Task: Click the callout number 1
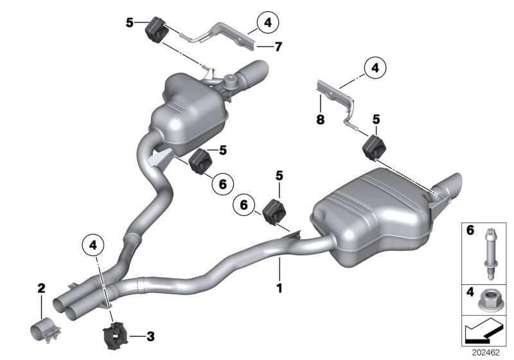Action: coord(279,289)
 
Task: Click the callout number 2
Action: coord(40,289)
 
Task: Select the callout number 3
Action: coord(150,335)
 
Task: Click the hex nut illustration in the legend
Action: coord(491,299)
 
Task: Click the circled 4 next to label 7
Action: coord(265,23)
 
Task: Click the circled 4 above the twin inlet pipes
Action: coord(93,244)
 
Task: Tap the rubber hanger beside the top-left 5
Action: coord(157,29)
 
